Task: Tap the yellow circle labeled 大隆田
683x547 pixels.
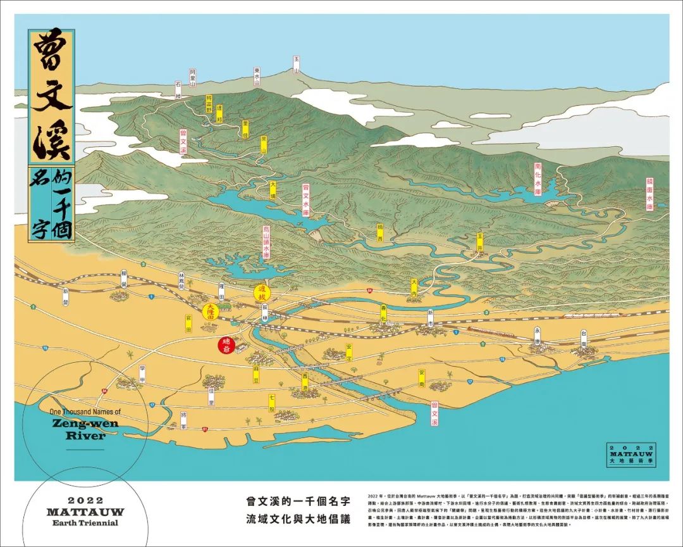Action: click(211, 311)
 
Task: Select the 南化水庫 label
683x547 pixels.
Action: click(538, 181)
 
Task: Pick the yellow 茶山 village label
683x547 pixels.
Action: click(264, 147)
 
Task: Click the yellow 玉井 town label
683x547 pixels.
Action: click(480, 242)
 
